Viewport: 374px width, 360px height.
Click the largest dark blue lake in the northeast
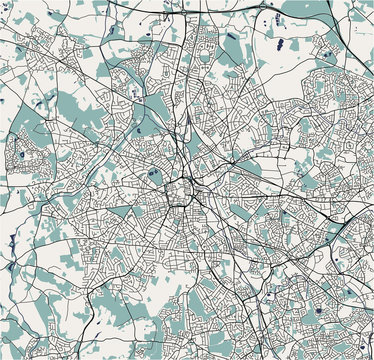click(281, 43)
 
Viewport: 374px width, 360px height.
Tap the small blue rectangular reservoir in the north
click(232, 38)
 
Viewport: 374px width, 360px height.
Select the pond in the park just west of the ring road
click(152, 172)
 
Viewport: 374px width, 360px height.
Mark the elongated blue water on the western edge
click(12, 239)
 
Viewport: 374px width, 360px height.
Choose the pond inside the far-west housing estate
click(17, 156)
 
